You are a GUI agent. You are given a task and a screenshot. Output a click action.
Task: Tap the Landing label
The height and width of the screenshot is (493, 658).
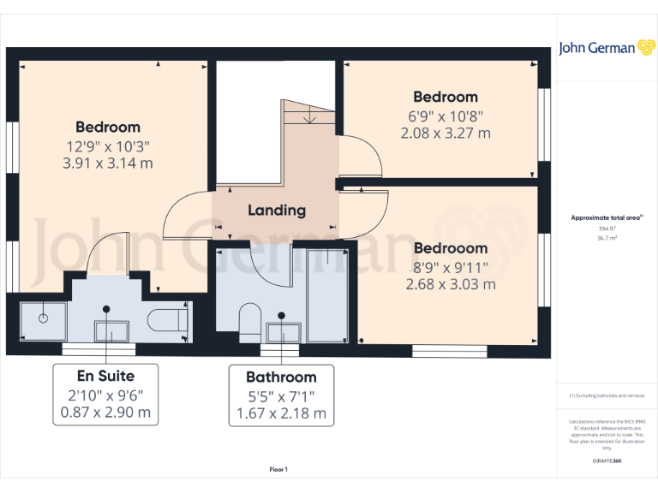(x=277, y=210)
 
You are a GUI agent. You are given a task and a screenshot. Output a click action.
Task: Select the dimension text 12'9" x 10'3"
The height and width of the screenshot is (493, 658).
(x=107, y=146)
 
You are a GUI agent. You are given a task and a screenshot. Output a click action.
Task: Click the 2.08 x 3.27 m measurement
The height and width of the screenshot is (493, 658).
(x=446, y=133)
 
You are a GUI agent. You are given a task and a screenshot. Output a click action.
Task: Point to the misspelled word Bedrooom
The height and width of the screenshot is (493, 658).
(x=451, y=248)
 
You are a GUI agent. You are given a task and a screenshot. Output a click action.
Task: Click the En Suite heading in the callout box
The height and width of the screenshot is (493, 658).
(x=105, y=376)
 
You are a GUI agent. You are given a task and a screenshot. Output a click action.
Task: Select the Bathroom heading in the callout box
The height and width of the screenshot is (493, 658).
(x=281, y=377)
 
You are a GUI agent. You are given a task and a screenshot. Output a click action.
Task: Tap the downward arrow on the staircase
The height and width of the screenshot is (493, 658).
(x=308, y=117)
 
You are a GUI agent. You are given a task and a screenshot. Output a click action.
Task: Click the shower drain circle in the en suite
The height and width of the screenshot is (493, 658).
(x=42, y=318)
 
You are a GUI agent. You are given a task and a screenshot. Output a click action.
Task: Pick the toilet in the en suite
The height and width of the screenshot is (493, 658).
(x=166, y=321)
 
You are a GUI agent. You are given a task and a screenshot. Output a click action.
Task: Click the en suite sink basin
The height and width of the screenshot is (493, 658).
(x=111, y=330)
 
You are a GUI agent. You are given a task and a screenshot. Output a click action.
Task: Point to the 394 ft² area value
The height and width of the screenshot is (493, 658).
(x=607, y=229)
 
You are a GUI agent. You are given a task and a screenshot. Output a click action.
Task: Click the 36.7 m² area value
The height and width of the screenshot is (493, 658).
(x=607, y=239)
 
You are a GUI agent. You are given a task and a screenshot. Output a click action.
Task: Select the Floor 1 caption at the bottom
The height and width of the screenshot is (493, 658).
(x=278, y=469)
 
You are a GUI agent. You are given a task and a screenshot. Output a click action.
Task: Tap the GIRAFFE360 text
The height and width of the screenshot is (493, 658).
(x=607, y=460)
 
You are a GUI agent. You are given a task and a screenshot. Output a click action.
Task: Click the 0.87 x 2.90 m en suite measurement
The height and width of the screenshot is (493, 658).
(x=105, y=412)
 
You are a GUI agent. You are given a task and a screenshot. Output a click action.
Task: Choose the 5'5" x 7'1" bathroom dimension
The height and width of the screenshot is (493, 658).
(x=281, y=395)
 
